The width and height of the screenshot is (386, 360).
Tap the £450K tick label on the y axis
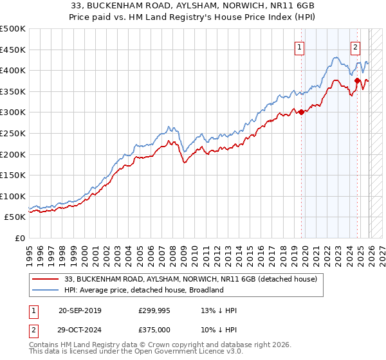(13, 50)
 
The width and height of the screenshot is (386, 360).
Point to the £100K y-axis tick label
(13, 196)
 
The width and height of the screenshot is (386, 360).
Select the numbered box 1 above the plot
(300, 46)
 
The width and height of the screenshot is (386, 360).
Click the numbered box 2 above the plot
(356, 46)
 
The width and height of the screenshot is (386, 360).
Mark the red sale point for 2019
(301, 113)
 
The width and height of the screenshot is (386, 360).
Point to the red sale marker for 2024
(358, 80)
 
